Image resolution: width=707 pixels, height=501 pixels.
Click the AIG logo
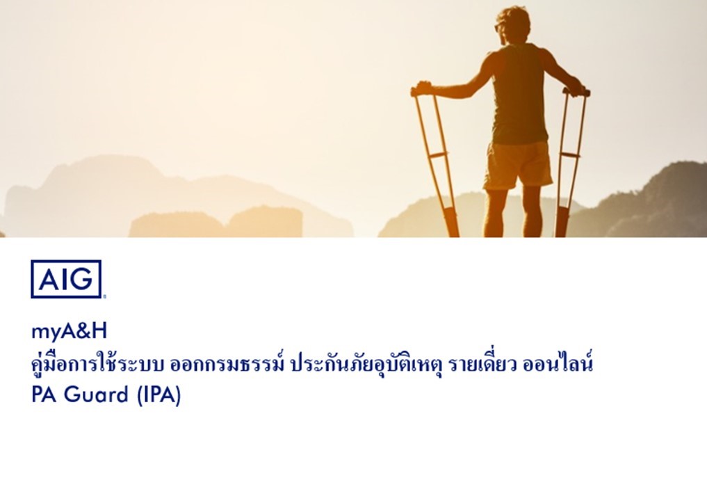(x=67, y=279)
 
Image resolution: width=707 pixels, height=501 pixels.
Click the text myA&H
(x=69, y=331)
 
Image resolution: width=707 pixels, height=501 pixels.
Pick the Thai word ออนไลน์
(x=558, y=364)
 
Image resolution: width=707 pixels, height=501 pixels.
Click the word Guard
(x=97, y=395)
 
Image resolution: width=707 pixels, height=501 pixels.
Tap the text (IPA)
(x=159, y=395)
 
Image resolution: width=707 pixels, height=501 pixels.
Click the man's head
(x=512, y=25)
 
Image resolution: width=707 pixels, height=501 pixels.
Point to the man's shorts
(x=519, y=165)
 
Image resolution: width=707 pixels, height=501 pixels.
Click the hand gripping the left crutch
(x=424, y=88)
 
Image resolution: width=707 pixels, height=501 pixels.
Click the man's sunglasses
(x=497, y=28)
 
